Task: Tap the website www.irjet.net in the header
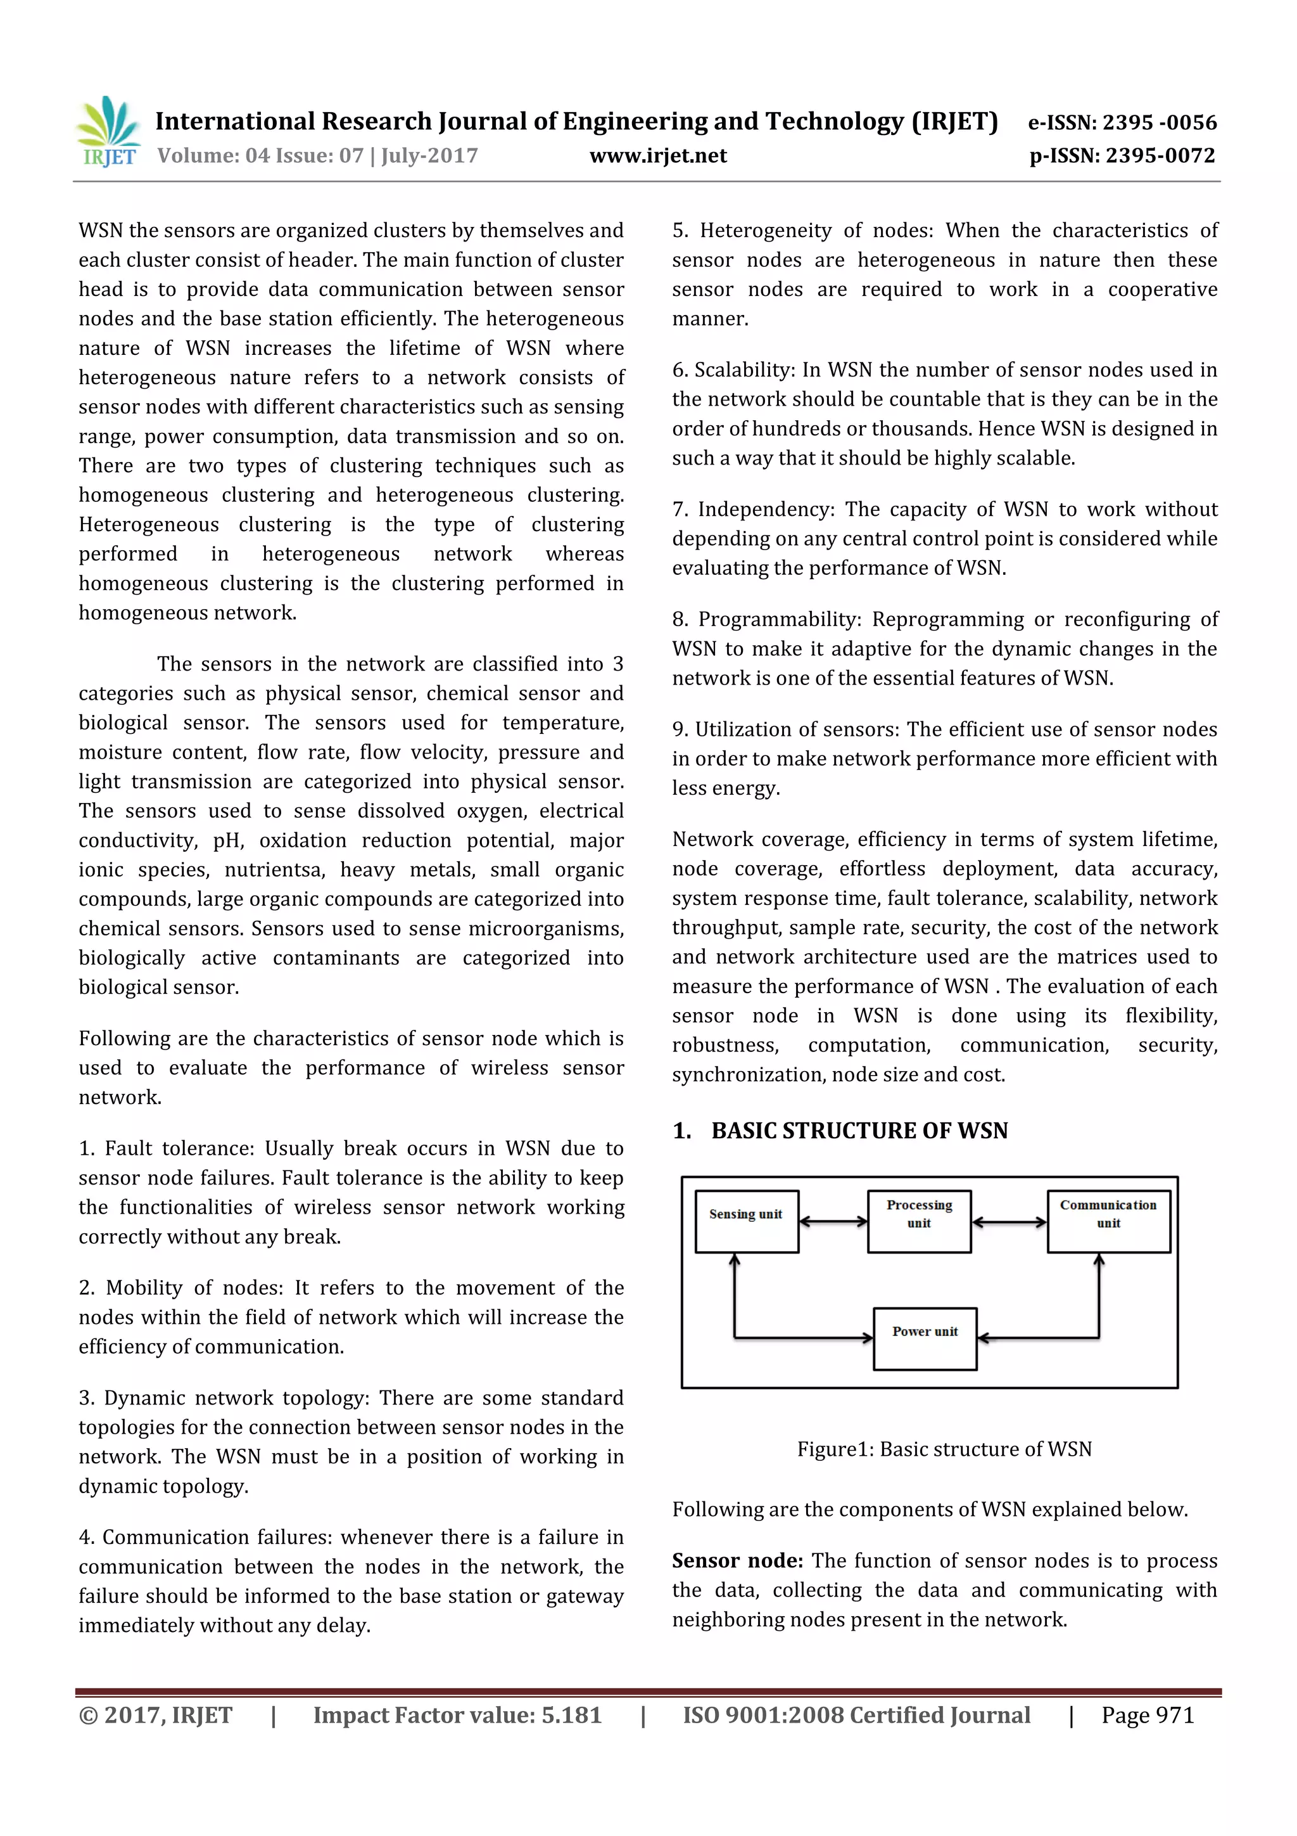point(658,155)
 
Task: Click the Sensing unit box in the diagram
point(747,1221)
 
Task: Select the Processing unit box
point(919,1221)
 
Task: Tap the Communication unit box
point(1108,1221)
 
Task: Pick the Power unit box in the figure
point(925,1338)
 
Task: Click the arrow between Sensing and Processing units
point(833,1221)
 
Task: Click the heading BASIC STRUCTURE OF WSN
point(859,1131)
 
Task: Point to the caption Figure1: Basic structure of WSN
point(944,1449)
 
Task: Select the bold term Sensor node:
point(737,1560)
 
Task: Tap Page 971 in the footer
point(1147,1714)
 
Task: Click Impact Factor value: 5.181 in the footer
point(457,1714)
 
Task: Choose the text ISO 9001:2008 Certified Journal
point(856,1714)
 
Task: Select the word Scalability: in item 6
point(744,369)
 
